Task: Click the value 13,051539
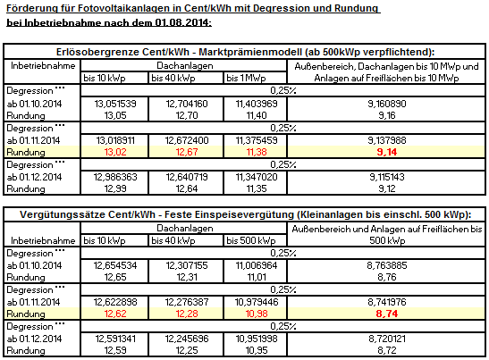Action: coord(115,104)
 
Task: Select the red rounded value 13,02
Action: coord(115,152)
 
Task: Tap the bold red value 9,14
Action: coord(387,152)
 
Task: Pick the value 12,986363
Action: coord(115,177)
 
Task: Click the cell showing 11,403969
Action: coord(257,104)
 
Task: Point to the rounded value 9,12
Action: coord(387,188)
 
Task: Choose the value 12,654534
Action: coord(115,265)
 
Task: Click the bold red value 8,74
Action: coord(387,314)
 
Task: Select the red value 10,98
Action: coord(257,314)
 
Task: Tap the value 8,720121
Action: coord(387,339)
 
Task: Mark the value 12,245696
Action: coord(187,339)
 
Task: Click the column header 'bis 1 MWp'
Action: coord(246,78)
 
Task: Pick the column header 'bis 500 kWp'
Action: coord(251,240)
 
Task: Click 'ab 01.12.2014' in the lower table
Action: coord(34,339)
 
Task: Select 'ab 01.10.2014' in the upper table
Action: coord(34,104)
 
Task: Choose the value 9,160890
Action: coord(387,104)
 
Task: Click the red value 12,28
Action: coord(187,314)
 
